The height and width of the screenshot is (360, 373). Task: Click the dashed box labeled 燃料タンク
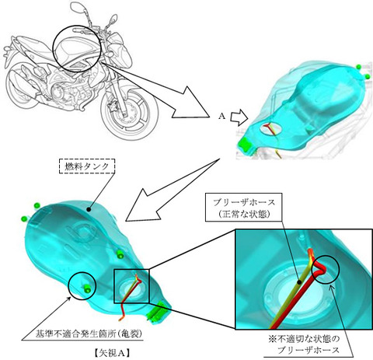pos(86,166)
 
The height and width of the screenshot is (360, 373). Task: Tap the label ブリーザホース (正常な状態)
pos(243,207)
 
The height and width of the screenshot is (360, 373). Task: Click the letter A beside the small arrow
pos(221,117)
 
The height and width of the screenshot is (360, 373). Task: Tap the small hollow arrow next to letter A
pos(239,117)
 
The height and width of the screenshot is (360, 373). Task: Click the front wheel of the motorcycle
pos(130,114)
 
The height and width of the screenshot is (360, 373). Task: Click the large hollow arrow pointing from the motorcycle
pos(155,91)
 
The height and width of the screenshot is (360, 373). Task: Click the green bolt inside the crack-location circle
pos(87,288)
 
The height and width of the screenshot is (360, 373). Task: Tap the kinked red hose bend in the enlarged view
pos(321,270)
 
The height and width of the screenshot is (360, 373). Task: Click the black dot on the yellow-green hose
pos(299,282)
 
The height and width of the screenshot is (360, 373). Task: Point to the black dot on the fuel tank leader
pos(89,208)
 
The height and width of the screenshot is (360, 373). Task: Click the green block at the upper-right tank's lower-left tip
pos(245,144)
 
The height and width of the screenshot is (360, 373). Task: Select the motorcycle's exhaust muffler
pos(19,84)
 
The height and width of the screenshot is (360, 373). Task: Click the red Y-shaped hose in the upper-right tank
pos(270,129)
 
